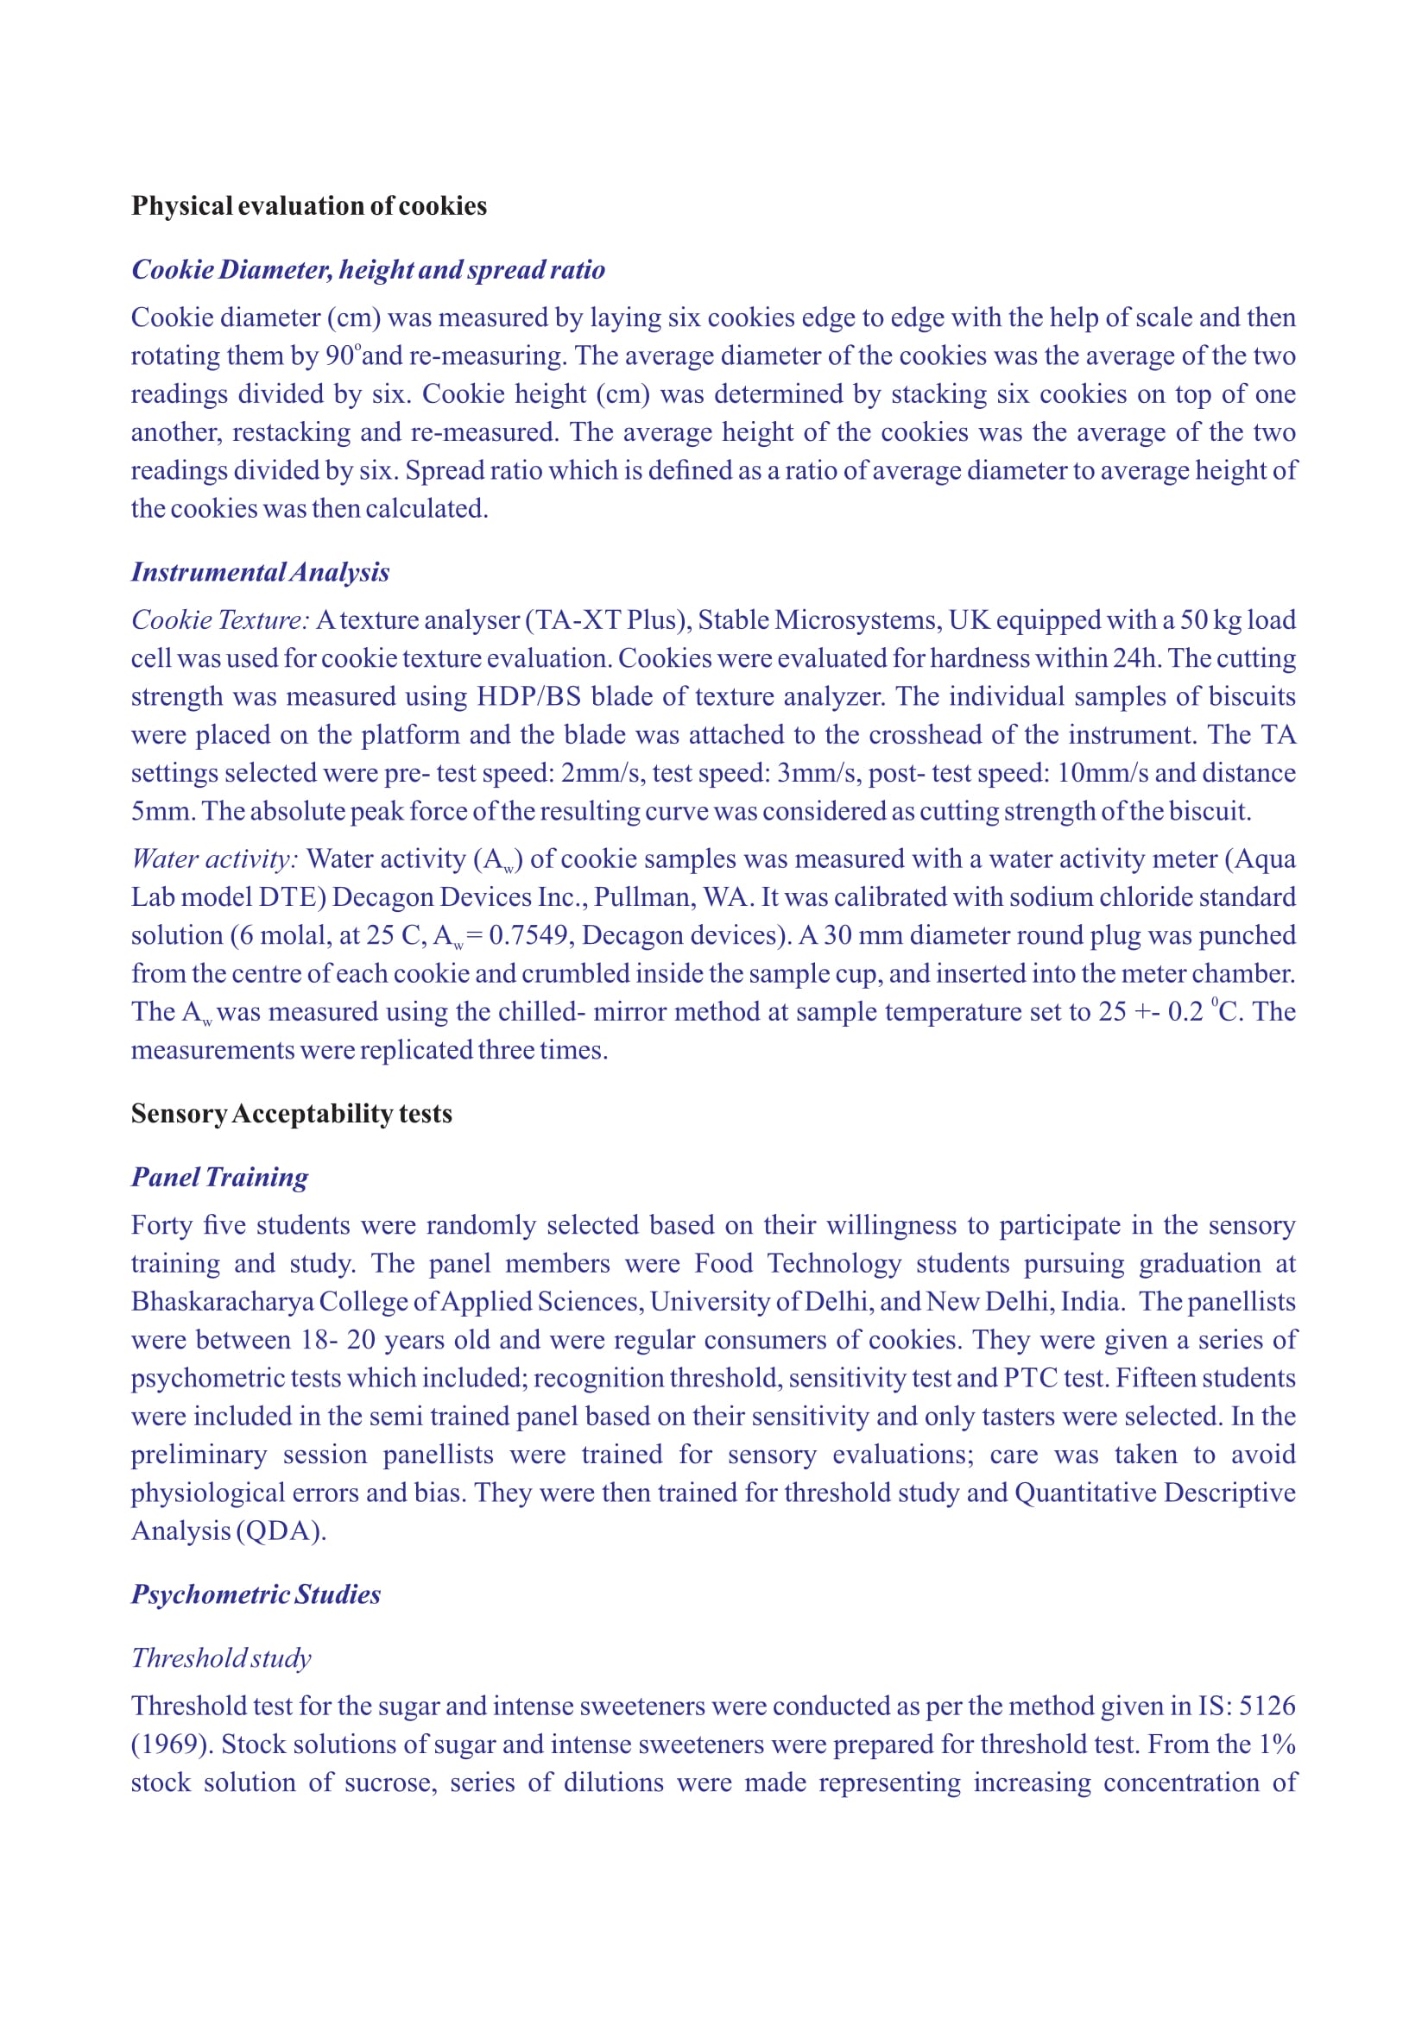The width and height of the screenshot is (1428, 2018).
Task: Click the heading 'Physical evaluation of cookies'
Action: point(308,205)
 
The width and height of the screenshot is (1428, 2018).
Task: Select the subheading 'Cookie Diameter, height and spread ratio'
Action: point(368,269)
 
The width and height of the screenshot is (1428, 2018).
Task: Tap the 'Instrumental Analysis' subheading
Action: point(260,572)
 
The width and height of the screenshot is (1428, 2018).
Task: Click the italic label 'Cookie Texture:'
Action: point(220,620)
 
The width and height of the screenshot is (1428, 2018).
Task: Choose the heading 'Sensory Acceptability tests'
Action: point(291,1114)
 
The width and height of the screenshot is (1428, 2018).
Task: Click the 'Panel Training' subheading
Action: point(220,1177)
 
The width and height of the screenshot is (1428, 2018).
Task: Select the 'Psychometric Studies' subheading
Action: point(256,1594)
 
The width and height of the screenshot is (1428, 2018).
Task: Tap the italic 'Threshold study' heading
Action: point(222,1657)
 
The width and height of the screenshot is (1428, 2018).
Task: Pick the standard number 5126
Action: point(1267,1706)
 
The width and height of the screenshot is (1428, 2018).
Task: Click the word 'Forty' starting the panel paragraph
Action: point(161,1225)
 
